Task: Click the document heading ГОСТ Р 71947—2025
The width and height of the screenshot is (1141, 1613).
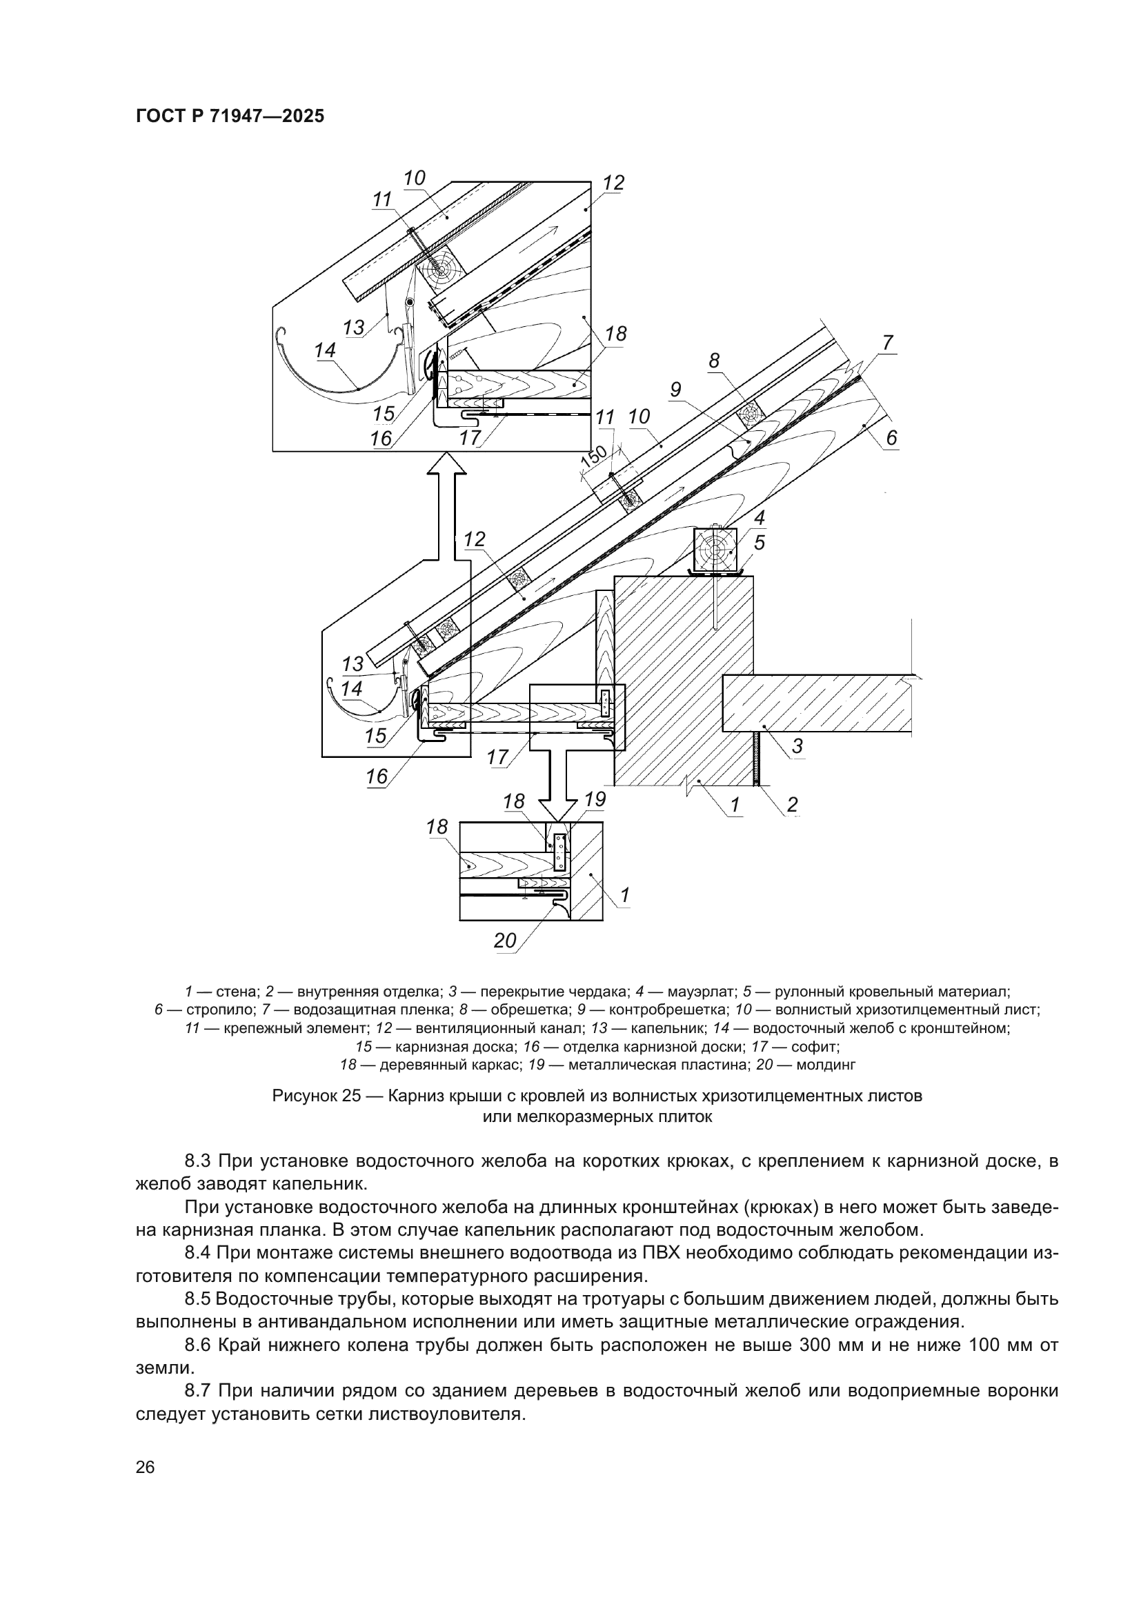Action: tap(230, 117)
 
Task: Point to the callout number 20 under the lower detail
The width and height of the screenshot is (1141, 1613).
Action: tap(504, 941)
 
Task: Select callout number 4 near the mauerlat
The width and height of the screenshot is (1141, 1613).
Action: tap(760, 519)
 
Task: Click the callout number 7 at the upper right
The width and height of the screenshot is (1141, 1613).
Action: tap(888, 343)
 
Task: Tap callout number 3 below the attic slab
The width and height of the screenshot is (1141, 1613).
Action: tap(797, 746)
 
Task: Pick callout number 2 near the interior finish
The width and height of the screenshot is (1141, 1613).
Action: tap(792, 804)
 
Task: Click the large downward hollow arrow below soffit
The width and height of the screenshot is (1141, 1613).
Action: tap(560, 780)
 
